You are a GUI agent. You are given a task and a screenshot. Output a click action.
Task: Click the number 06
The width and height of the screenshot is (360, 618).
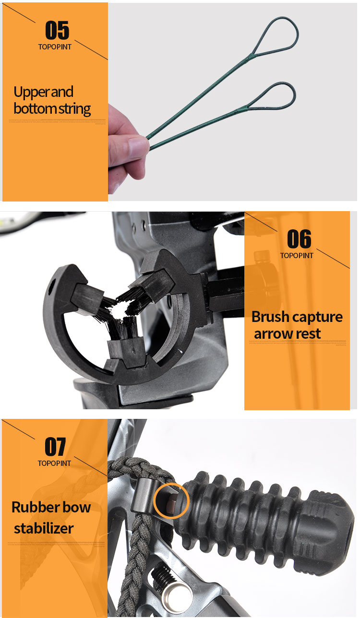(x=299, y=239)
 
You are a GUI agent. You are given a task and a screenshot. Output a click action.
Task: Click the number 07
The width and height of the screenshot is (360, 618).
(x=55, y=447)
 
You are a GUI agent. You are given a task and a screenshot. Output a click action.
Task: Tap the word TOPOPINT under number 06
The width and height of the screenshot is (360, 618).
(x=297, y=255)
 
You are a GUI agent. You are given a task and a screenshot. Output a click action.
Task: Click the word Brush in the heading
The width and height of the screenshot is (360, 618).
(x=270, y=317)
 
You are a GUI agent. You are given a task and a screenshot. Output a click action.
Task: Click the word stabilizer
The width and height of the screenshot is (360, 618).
(x=44, y=528)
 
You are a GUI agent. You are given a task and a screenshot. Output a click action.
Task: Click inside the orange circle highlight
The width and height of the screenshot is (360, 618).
(x=171, y=500)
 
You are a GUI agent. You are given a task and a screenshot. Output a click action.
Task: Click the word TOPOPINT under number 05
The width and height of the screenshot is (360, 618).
(x=54, y=47)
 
